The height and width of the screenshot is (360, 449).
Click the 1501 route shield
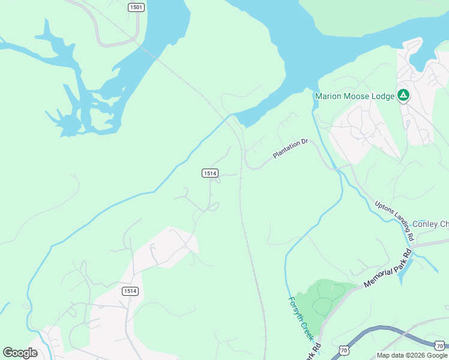(x=136, y=7)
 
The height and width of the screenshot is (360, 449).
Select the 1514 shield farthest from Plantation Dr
(x=130, y=291)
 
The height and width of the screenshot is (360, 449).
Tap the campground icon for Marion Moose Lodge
(x=404, y=95)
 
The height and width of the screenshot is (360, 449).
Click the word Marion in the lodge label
(x=328, y=96)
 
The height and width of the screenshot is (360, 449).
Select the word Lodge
(x=383, y=96)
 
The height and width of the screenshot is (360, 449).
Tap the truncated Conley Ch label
(x=430, y=224)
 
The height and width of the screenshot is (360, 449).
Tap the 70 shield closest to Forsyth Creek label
(x=343, y=349)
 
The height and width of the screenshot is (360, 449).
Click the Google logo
(x=20, y=353)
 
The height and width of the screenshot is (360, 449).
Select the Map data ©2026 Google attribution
(x=412, y=355)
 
